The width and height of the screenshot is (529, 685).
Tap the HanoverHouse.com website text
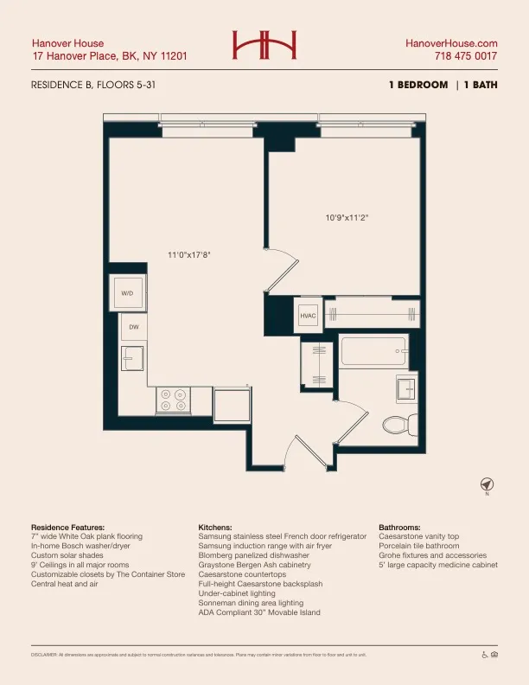pos(451,43)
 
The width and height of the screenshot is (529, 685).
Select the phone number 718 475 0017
pos(465,56)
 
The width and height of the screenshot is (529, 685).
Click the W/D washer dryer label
pos(127,294)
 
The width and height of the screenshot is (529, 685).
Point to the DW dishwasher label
pos(134,327)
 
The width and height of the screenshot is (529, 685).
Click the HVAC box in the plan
pos(309,317)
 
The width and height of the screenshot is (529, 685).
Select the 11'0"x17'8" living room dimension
pos(189,254)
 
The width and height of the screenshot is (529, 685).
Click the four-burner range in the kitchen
pos(173,400)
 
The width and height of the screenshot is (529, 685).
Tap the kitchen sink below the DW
pos(132,357)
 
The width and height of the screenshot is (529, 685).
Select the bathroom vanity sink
pos(405,388)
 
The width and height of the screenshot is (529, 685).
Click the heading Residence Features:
pos(67,527)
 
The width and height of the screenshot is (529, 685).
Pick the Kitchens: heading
pos(215,527)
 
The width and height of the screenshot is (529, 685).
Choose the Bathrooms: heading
pos(399,527)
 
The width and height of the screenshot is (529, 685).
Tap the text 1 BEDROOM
pos(418,85)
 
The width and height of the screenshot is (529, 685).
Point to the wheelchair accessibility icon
pos(484,655)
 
